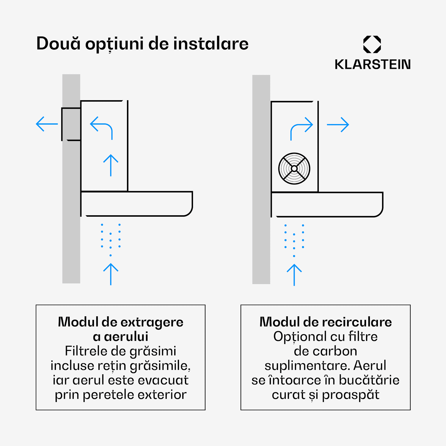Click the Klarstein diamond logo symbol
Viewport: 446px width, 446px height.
point(372,44)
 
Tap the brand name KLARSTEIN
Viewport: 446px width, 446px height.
point(373,65)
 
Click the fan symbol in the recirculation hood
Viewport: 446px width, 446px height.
point(294,169)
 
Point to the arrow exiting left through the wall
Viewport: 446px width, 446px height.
point(47,124)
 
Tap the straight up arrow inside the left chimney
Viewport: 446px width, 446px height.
point(111,165)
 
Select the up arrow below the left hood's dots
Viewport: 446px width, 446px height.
point(111,274)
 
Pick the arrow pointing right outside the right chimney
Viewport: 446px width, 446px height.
point(338,125)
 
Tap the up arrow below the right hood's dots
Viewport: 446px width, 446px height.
point(294,275)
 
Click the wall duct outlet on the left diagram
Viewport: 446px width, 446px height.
point(71,124)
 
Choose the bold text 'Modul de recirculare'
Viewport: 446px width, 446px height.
point(326,322)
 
